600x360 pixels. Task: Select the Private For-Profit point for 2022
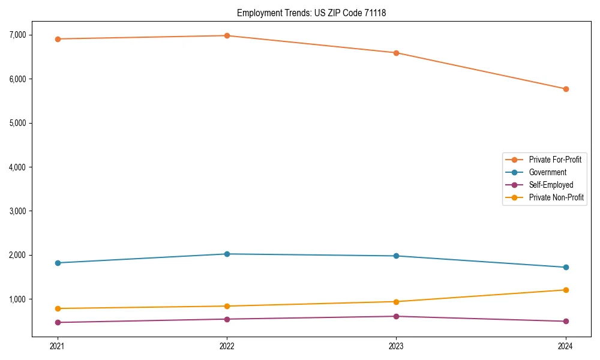(x=227, y=35)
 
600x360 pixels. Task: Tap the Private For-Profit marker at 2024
(x=565, y=89)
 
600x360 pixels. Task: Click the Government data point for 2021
(x=58, y=263)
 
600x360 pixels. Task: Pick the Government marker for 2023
(x=396, y=256)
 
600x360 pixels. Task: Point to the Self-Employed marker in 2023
(x=396, y=316)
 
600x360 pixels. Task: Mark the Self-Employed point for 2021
(x=58, y=322)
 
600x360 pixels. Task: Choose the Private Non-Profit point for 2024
(x=565, y=290)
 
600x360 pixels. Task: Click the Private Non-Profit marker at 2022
(x=227, y=306)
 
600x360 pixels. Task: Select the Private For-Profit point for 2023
(x=396, y=53)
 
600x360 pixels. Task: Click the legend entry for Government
(x=547, y=172)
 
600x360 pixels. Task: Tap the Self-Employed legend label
(x=551, y=185)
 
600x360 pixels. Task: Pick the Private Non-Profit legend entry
(x=556, y=197)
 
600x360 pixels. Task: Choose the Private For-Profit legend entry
(x=555, y=160)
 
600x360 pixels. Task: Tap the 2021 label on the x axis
(x=58, y=346)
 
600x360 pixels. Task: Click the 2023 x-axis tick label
(x=396, y=346)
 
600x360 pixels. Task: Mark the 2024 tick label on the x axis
(x=565, y=346)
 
